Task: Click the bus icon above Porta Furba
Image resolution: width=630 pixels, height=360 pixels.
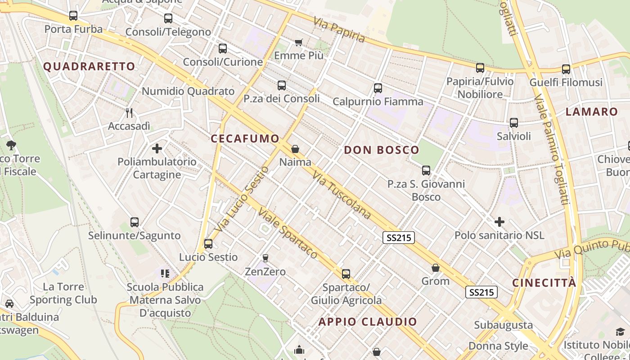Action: pyautogui.click(x=73, y=16)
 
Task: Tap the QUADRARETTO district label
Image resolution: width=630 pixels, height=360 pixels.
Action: pyautogui.click(x=89, y=67)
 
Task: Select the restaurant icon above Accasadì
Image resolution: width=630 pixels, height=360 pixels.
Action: pyautogui.click(x=129, y=112)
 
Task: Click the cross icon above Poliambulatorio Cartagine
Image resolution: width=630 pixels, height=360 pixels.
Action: pyautogui.click(x=157, y=148)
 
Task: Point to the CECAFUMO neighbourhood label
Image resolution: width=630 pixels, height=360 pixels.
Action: pyautogui.click(x=245, y=139)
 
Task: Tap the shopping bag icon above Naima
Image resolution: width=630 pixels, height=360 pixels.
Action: pyautogui.click(x=295, y=148)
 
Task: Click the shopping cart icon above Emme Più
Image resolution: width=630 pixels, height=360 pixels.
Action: pyautogui.click(x=298, y=42)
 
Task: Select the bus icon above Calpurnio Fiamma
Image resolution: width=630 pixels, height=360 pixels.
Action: pyautogui.click(x=378, y=88)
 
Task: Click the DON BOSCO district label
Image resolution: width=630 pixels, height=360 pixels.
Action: pyautogui.click(x=382, y=150)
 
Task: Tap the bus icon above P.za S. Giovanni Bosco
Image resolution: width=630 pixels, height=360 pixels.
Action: pyautogui.click(x=426, y=171)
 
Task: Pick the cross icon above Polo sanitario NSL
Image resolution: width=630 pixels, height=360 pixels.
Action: pyautogui.click(x=499, y=222)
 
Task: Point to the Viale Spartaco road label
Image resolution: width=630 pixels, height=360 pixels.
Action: pyautogui.click(x=288, y=234)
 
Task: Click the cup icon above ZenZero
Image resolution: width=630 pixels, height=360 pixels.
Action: pyautogui.click(x=265, y=258)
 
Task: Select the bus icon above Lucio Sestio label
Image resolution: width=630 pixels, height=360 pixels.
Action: pyautogui.click(x=208, y=244)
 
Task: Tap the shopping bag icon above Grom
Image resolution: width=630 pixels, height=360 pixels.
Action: pyautogui.click(x=436, y=268)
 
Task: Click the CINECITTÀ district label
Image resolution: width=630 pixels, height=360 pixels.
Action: pyautogui.click(x=544, y=283)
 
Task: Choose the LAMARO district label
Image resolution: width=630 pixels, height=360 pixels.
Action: pyautogui.click(x=592, y=112)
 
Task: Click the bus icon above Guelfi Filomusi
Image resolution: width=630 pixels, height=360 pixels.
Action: pyautogui.click(x=566, y=69)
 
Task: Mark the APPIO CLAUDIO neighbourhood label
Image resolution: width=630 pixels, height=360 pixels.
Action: pyautogui.click(x=368, y=322)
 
